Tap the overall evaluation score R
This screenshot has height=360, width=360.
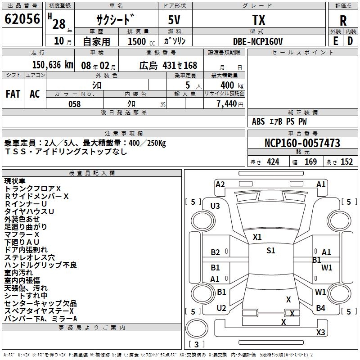point(343,20)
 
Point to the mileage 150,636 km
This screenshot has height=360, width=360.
point(53,65)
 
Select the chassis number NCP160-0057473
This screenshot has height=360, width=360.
point(302,143)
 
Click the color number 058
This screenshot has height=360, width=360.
point(75,104)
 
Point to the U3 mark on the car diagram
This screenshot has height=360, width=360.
point(215,206)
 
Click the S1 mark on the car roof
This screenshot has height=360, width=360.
point(270,251)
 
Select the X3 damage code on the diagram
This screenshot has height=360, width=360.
point(320,333)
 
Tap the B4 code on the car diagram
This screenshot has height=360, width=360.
point(320,308)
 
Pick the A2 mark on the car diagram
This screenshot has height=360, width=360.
point(220,184)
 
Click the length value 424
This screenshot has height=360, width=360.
point(273,162)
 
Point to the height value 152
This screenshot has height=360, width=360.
point(346,162)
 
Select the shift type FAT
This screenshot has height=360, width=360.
point(13,94)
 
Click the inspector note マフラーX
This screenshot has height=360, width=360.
point(22,234)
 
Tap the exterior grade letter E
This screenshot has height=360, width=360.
point(335,41)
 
